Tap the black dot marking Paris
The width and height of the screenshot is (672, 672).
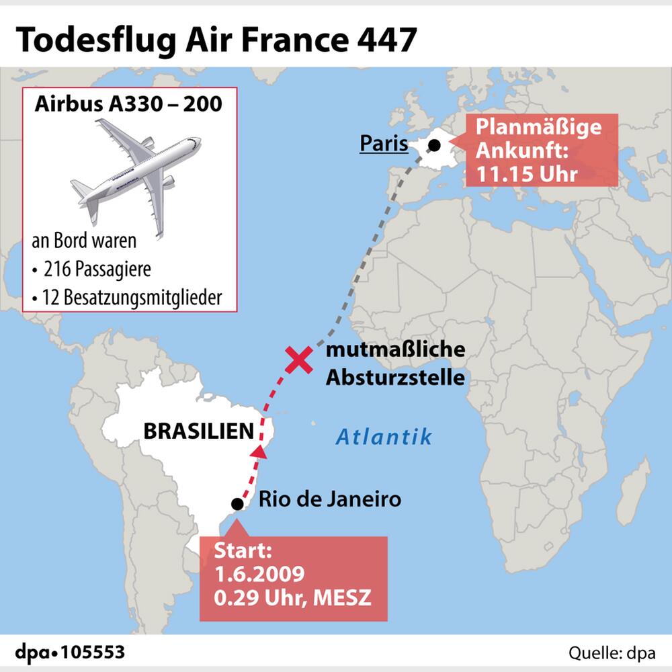[435, 144]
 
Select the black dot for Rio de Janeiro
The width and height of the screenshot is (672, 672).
[237, 504]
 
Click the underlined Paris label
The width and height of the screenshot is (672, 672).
[384, 143]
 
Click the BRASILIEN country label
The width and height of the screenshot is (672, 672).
[199, 431]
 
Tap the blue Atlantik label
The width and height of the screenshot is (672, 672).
[384, 437]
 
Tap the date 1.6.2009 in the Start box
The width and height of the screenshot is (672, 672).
[259, 575]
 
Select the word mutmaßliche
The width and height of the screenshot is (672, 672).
[395, 351]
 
